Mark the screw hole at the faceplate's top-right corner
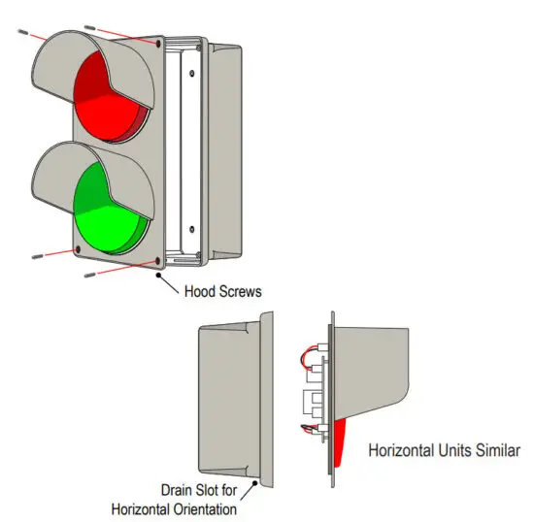(158, 43)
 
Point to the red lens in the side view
(339, 441)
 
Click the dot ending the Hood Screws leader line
(158, 275)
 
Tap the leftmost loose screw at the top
(22, 32)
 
